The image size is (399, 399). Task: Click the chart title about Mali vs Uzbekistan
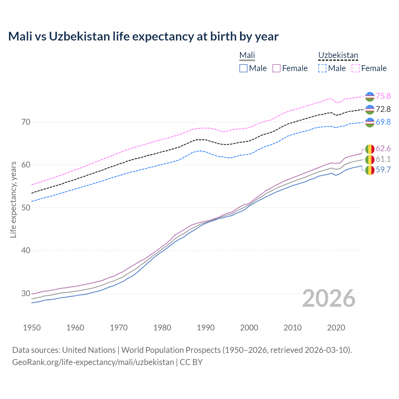(x=143, y=36)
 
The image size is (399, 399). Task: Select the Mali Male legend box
(x=243, y=68)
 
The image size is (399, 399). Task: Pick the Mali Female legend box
(x=276, y=68)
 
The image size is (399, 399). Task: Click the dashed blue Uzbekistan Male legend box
(x=322, y=68)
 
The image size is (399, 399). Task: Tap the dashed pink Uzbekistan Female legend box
(x=356, y=68)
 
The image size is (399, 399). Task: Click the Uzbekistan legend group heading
(x=338, y=55)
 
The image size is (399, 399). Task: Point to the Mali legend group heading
(x=247, y=55)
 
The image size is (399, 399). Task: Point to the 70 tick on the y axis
(x=26, y=122)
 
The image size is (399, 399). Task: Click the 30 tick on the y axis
(x=26, y=293)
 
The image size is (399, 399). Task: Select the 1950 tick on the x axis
(x=32, y=328)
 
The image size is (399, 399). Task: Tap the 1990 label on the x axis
(x=206, y=328)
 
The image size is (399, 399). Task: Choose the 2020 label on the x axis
(x=336, y=328)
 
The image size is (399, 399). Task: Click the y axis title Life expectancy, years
(x=13, y=199)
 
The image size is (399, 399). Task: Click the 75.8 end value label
(x=383, y=96)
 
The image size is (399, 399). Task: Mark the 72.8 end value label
(x=383, y=109)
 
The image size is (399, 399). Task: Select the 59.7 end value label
(x=383, y=170)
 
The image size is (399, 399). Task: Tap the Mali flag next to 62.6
(x=370, y=149)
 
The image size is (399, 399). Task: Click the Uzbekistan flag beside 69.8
(x=370, y=122)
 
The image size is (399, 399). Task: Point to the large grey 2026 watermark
(x=329, y=298)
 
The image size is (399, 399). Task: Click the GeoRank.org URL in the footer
(x=93, y=362)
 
